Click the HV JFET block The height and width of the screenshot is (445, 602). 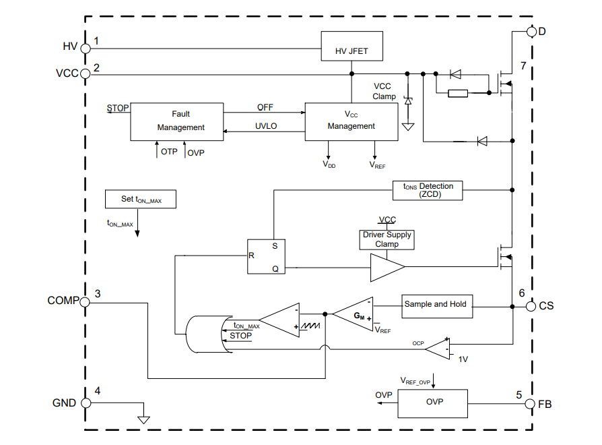[352, 46]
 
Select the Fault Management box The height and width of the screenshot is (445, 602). [177, 121]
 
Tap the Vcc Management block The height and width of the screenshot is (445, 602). [352, 121]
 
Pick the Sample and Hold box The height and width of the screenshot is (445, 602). [437, 306]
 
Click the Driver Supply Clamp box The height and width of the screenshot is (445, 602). [387, 240]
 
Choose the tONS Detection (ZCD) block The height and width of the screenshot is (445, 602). [428, 190]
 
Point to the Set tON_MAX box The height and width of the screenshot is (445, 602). [141, 199]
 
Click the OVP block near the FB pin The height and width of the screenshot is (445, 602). [433, 403]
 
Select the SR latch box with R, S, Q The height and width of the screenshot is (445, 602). [266, 256]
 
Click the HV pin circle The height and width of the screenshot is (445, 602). [86, 49]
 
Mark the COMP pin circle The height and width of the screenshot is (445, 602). [85, 302]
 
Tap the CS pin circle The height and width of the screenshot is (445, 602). [531, 306]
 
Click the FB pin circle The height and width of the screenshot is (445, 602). [530, 404]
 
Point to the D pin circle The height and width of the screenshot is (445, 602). [532, 32]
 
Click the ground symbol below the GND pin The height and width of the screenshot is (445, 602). [143, 419]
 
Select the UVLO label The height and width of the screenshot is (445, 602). [266, 126]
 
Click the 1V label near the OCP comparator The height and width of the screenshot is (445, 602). [463, 359]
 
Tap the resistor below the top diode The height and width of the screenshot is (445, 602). [458, 93]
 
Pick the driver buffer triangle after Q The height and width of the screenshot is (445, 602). [387, 268]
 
